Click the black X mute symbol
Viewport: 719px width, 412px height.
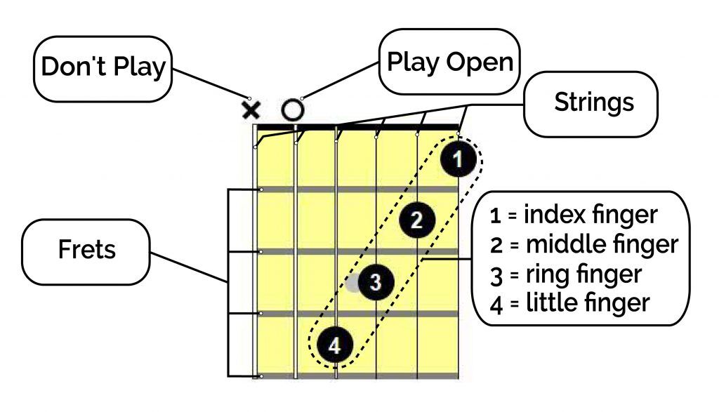coord(251,110)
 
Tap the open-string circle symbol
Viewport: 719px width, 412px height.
coord(293,110)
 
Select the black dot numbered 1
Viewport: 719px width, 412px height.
coord(457,160)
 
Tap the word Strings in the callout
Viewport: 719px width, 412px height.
coord(594,102)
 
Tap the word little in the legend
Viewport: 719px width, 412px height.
coord(546,304)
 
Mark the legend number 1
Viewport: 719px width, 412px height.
coord(496,215)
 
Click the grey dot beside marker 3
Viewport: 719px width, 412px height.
coord(353,283)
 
